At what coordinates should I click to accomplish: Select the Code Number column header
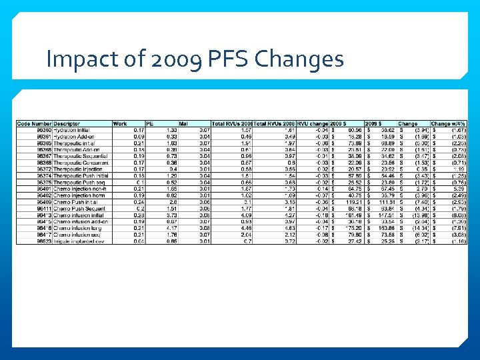34,124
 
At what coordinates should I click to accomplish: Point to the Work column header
120,124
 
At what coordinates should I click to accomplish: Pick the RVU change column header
311,124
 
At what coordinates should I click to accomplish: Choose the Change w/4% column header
448,124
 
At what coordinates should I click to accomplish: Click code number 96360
42,130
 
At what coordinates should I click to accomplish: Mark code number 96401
42,189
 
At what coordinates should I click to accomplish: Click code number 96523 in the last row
42,241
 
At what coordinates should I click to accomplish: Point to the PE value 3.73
171,215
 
